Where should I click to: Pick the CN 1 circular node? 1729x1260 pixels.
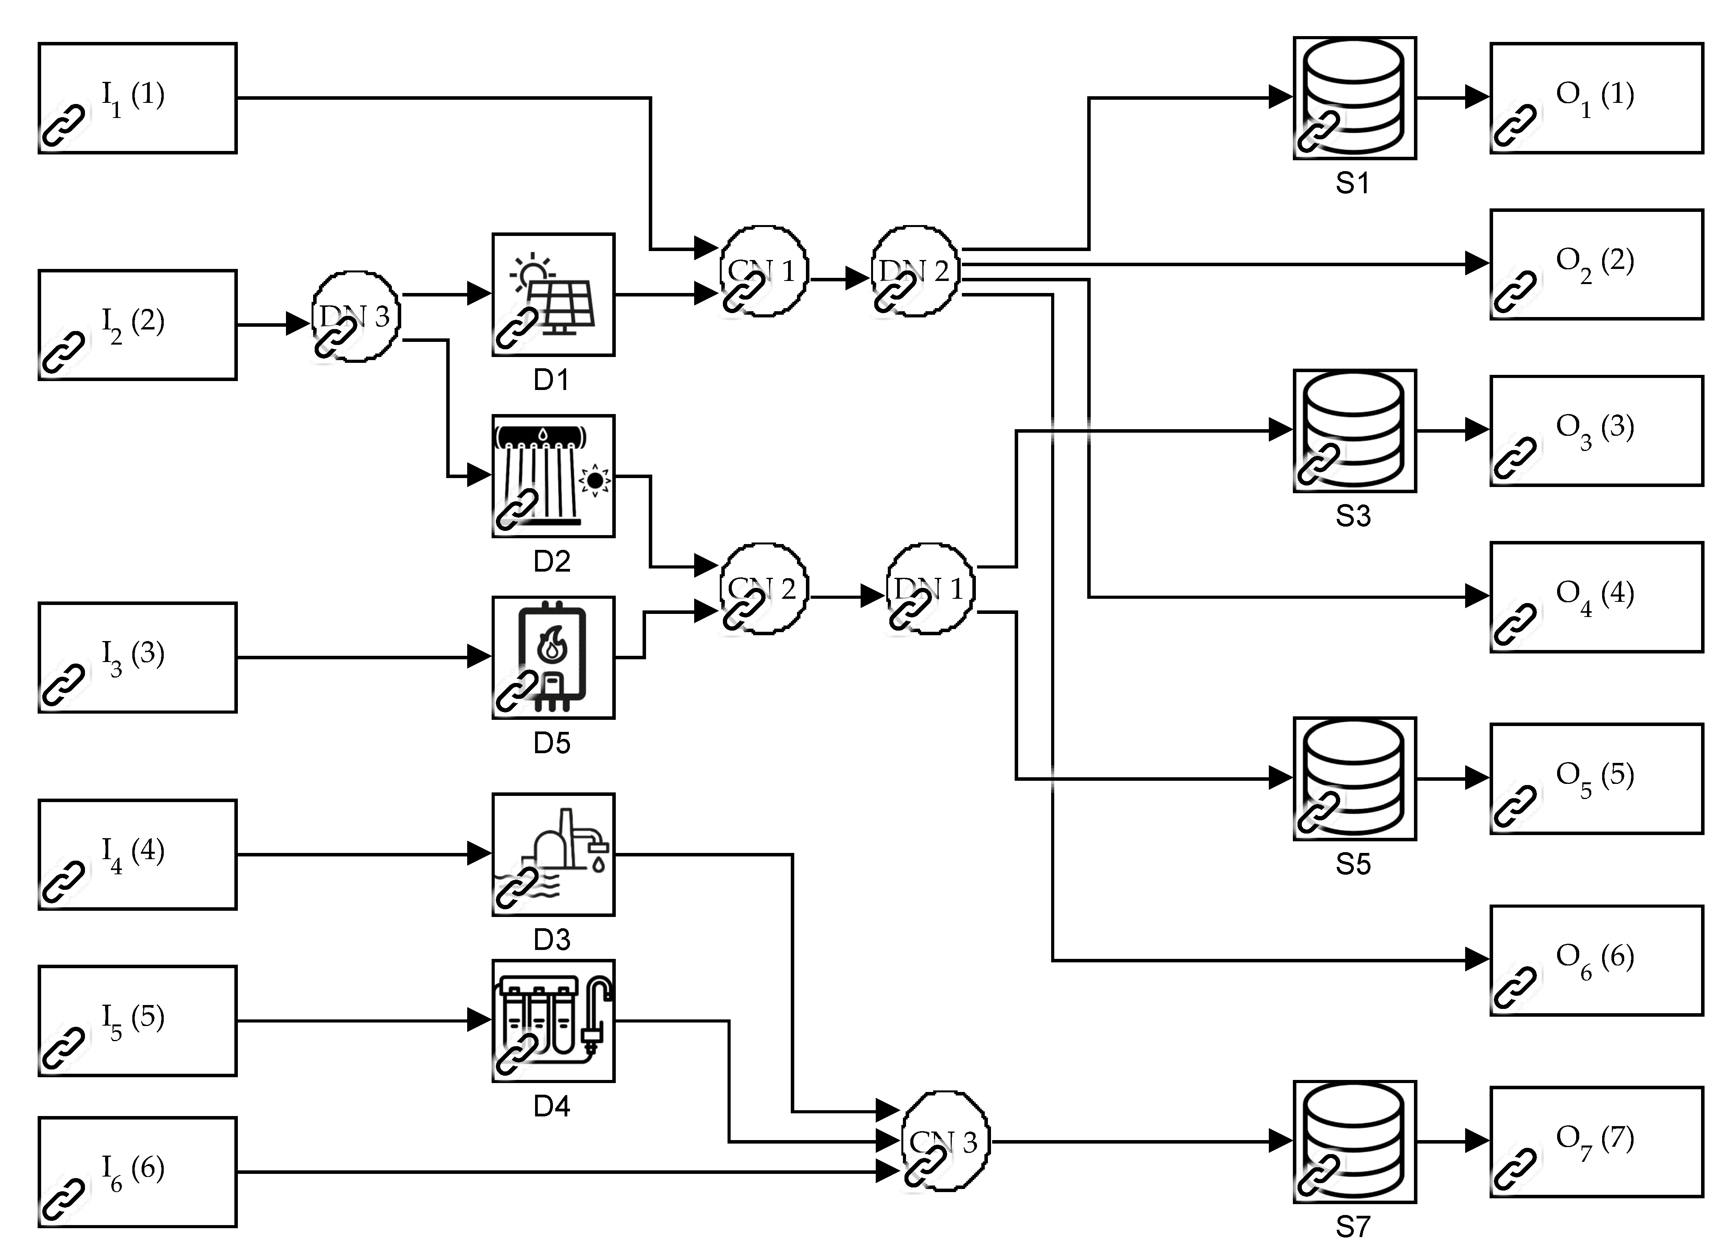(763, 271)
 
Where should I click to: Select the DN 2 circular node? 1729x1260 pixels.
(915, 271)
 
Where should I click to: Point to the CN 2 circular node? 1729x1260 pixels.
(763, 588)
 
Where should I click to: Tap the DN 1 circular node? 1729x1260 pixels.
(930, 588)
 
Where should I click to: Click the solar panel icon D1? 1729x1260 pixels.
(553, 295)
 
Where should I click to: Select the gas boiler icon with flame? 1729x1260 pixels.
(553, 657)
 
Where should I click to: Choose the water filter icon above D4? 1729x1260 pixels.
(553, 1021)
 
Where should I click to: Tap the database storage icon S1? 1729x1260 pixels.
(1355, 98)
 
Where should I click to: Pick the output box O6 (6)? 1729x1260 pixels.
(1596, 960)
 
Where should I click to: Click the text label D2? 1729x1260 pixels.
(551, 562)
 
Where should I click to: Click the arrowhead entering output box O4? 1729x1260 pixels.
(1477, 596)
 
